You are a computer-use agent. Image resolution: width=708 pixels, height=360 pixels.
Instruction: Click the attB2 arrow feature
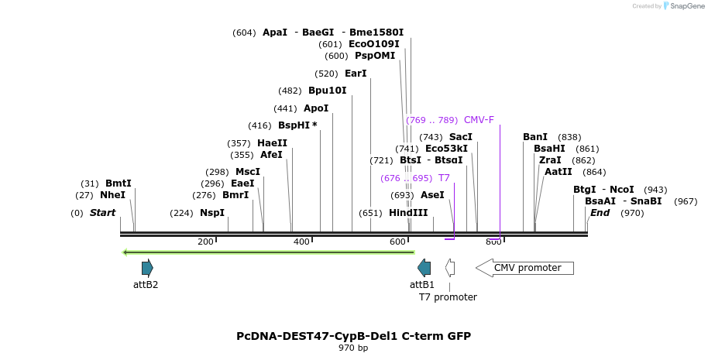tap(147, 268)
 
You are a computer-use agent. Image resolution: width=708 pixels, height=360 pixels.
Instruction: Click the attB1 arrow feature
tap(424, 268)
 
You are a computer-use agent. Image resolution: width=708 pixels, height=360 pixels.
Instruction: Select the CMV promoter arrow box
tap(524, 268)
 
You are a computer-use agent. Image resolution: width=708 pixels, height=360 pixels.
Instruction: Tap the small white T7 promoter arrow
tap(450, 268)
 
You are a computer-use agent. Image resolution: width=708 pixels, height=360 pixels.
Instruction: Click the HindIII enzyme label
tap(408, 213)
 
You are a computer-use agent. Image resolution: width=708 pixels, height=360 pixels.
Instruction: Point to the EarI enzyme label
tap(356, 74)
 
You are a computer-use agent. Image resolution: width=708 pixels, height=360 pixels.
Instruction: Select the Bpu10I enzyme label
tap(328, 91)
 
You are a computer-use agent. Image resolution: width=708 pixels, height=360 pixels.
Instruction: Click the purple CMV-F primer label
tap(479, 120)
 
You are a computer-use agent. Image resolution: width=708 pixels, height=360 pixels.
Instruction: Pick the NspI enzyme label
tap(212, 213)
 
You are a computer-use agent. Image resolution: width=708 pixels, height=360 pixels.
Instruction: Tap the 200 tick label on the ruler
tap(205, 242)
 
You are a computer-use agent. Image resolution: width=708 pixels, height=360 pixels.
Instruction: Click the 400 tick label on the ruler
tap(301, 242)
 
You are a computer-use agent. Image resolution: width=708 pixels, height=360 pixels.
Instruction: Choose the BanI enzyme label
tap(535, 137)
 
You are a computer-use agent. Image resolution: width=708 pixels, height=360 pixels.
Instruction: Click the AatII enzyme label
tap(558, 172)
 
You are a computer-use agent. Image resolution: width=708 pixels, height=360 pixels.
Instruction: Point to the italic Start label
tap(102, 213)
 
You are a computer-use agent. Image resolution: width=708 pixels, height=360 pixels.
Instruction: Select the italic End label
tap(600, 213)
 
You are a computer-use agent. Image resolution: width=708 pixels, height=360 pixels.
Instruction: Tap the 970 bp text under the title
tap(353, 348)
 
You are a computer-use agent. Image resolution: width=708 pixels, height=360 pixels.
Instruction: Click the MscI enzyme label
tap(248, 172)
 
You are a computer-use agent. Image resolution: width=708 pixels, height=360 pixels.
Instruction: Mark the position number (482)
tap(290, 91)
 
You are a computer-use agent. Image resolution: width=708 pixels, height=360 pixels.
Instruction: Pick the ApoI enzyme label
tap(316, 108)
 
